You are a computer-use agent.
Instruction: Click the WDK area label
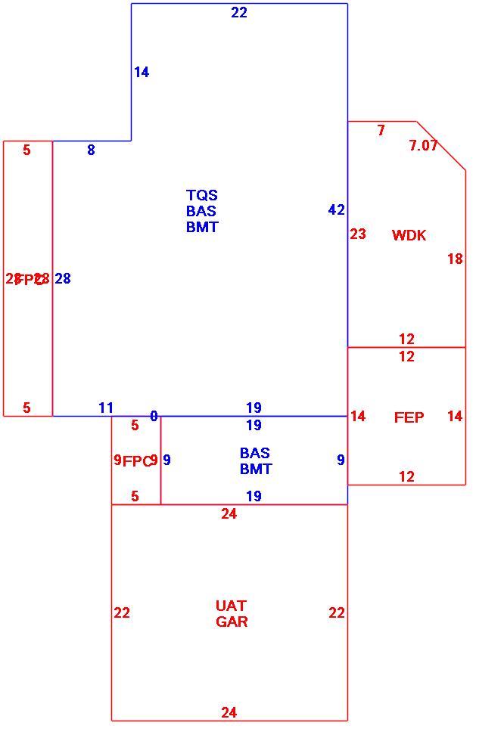click(409, 235)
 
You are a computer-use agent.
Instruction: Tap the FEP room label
click(409, 417)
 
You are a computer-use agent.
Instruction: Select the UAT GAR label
click(232, 614)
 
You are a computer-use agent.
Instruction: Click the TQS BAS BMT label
click(202, 211)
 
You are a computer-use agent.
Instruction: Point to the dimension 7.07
click(423, 146)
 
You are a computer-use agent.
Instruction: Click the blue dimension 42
click(336, 210)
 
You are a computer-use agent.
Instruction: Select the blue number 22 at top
click(239, 13)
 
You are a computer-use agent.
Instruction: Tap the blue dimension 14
click(142, 73)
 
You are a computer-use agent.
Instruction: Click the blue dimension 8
click(91, 150)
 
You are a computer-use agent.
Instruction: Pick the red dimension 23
click(358, 234)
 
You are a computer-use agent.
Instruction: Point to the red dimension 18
click(454, 259)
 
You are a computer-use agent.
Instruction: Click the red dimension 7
click(381, 131)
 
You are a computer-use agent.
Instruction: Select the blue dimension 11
click(106, 408)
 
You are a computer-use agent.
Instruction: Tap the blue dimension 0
click(154, 417)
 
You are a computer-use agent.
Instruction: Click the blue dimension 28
click(63, 279)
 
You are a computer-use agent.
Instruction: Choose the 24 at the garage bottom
click(229, 712)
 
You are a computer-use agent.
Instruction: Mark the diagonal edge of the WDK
click(441, 146)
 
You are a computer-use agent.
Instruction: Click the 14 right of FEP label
click(454, 417)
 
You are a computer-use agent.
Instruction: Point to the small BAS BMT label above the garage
click(255, 461)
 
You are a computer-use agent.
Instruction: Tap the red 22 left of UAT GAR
click(122, 613)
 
